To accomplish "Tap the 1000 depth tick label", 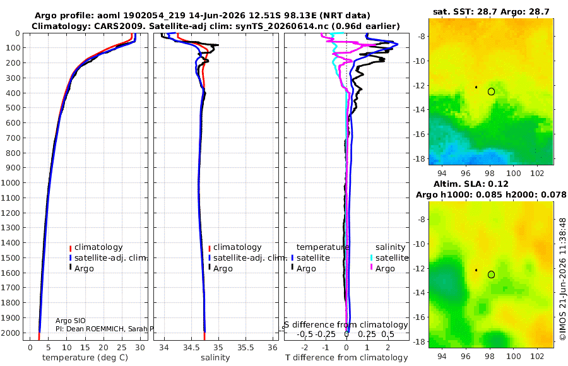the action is [11, 182].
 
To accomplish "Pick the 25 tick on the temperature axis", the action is [122, 347].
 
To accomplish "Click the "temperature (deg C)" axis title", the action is [85, 358].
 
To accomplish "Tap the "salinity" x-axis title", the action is [215, 358].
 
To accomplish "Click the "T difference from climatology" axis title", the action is [346, 358].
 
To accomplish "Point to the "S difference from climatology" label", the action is [346, 324].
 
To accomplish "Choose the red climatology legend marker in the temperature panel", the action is [70, 248].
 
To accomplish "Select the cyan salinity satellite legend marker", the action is [371, 258].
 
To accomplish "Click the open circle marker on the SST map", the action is [491, 91].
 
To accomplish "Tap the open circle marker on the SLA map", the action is [491, 274].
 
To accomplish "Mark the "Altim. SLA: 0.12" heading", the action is [471, 184].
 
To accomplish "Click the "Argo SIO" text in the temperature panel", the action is [71, 321].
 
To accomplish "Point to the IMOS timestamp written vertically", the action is [562, 279].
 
